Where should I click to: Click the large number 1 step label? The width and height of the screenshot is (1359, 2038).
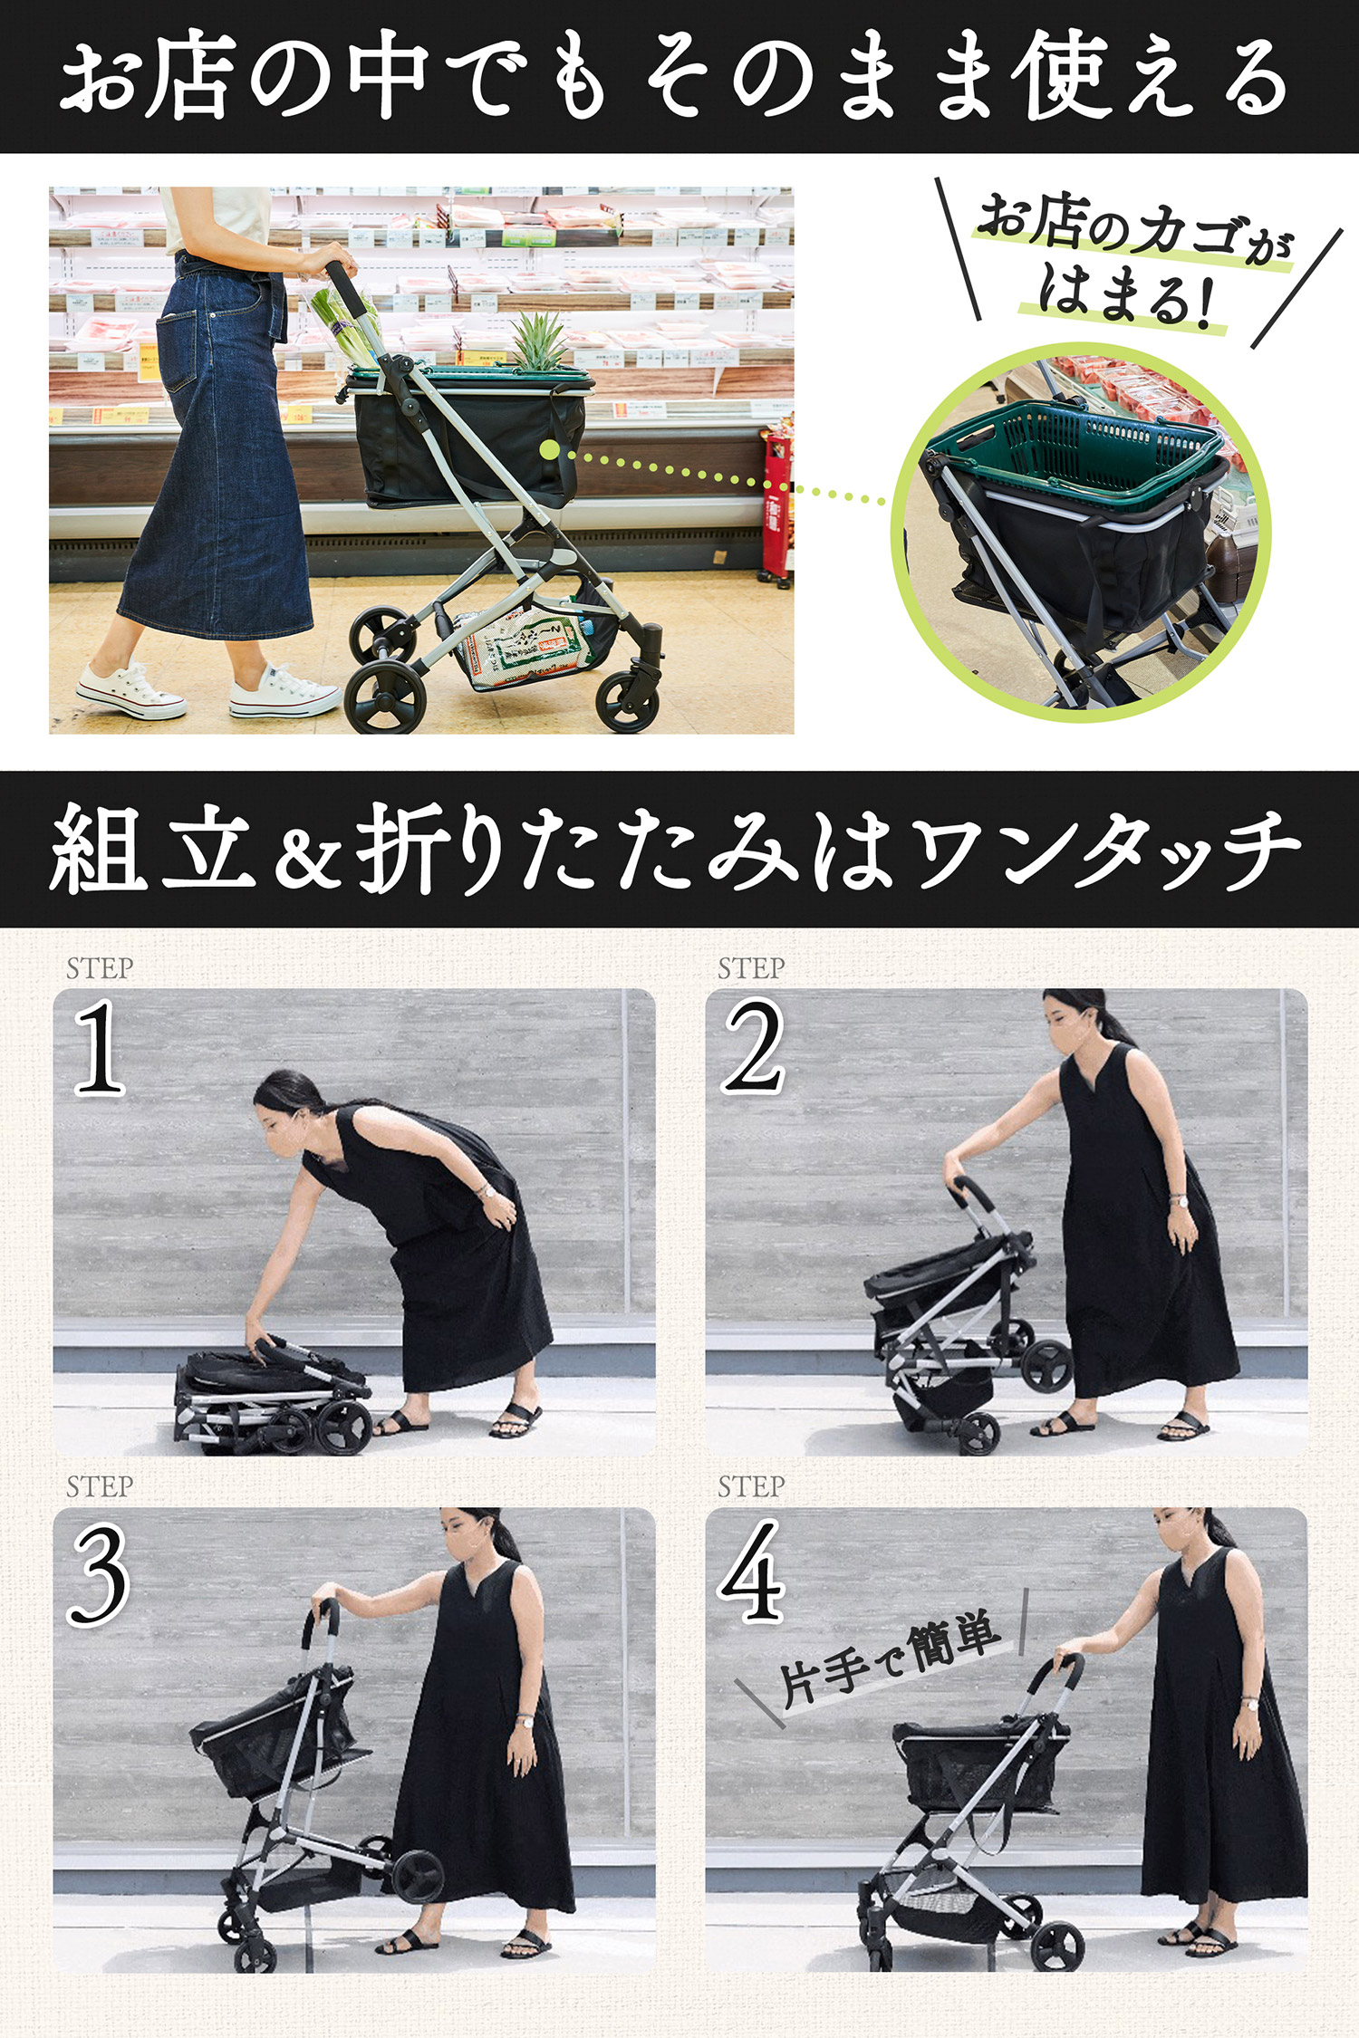tap(100, 1048)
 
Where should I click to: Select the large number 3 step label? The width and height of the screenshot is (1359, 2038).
tap(98, 1574)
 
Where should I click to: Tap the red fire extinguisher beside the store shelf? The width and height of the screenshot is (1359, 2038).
tap(776, 507)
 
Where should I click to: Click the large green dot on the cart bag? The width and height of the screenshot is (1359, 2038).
tap(548, 449)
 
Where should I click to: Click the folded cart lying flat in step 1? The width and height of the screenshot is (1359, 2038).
tap(272, 1390)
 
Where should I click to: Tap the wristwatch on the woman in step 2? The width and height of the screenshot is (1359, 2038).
tap(1179, 1201)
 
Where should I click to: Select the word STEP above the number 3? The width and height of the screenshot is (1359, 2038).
tap(100, 1486)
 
